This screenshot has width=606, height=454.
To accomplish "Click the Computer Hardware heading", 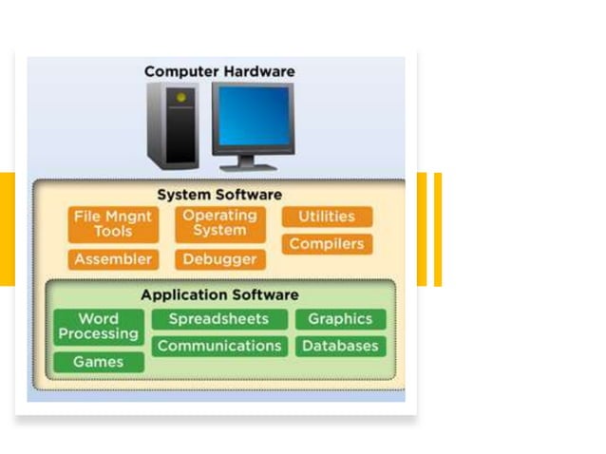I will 219,71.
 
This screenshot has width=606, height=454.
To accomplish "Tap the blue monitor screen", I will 252,116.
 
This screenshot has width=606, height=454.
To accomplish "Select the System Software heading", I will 219,195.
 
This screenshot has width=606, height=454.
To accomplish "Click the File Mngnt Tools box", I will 113,224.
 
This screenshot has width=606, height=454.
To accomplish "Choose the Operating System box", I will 219,224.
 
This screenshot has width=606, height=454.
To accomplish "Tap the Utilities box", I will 327,217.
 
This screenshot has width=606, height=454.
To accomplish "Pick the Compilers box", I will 327,244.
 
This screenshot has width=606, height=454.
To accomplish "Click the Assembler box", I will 113,259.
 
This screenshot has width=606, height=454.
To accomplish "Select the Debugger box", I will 219,259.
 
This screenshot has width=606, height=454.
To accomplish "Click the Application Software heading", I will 219,294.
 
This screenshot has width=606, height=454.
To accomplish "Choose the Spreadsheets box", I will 218,319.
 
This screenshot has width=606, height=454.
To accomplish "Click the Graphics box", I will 340,319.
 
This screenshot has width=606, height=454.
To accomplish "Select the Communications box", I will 218,346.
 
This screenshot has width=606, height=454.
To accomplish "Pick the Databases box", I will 340,346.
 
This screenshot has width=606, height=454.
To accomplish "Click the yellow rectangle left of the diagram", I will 8,229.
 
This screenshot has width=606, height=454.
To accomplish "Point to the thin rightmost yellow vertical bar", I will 438,229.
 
